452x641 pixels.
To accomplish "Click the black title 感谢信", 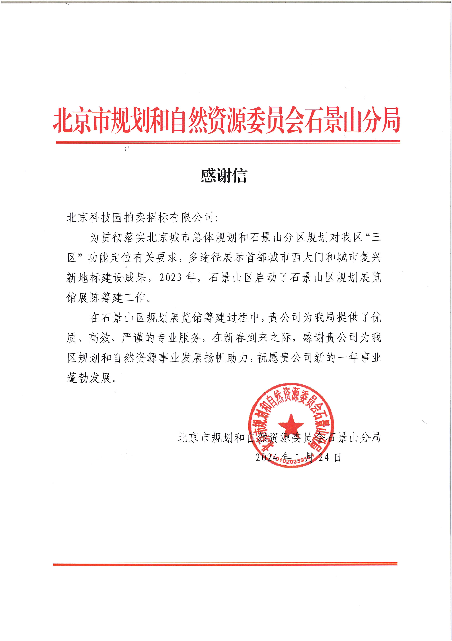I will [224, 176].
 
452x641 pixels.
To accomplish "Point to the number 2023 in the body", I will [170, 278].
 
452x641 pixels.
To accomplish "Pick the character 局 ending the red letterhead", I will [391, 120].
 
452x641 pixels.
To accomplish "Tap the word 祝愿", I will [268, 358].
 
